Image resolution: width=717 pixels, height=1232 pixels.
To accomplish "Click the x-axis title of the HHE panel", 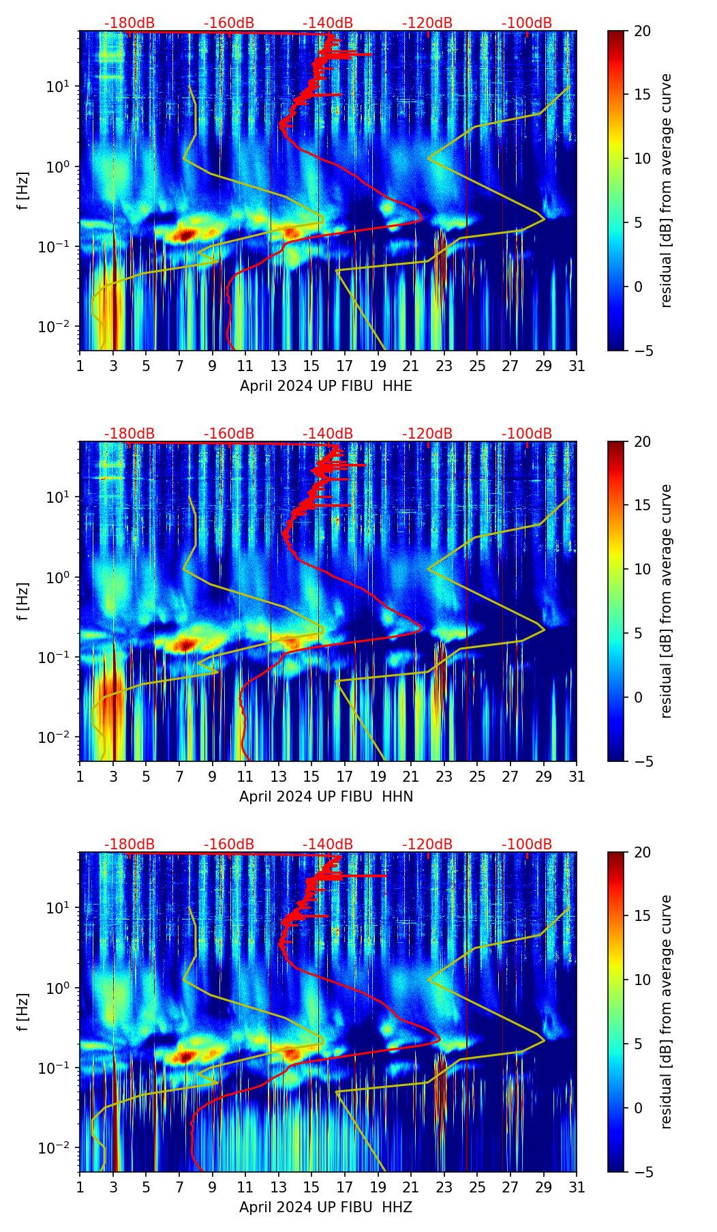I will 326,386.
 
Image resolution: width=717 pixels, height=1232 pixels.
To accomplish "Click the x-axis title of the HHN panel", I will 326,797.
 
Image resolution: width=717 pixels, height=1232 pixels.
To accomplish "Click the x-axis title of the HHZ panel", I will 326,1207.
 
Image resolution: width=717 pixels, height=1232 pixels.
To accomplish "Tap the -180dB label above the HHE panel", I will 129,23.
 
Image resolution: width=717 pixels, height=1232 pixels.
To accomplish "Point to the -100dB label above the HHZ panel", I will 527,845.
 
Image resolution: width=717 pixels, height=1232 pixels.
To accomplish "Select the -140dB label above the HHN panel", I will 328,434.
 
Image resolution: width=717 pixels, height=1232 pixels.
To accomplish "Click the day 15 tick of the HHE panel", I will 311,366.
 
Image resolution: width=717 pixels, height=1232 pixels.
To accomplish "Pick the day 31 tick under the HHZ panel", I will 577,1188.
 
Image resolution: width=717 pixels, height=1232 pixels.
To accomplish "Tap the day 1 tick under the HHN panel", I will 80,777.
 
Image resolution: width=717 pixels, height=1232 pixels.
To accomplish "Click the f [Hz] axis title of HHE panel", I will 23,190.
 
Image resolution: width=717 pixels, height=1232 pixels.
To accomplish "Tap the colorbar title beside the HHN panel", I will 666,601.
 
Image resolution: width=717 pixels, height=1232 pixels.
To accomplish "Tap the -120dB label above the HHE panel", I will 427,23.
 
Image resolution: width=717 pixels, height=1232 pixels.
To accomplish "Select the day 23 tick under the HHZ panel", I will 444,1188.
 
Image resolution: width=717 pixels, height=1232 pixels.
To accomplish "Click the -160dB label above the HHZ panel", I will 229,845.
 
